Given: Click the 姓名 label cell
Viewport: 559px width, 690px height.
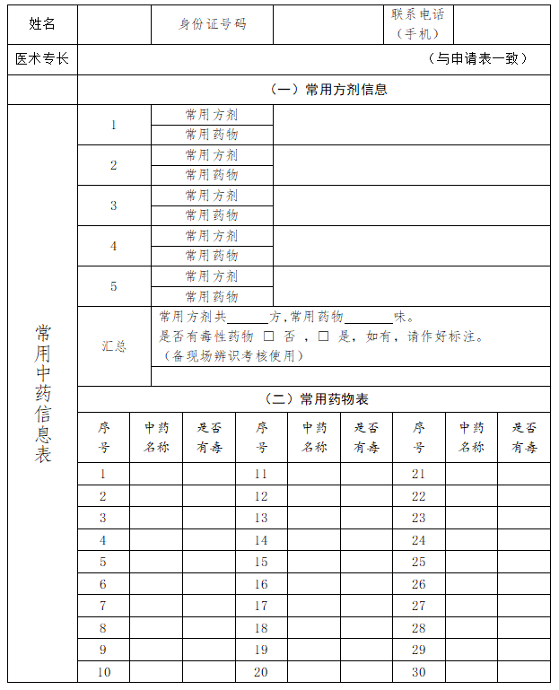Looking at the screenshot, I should (x=42, y=24).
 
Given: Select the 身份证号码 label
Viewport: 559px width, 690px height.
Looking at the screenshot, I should (x=212, y=24).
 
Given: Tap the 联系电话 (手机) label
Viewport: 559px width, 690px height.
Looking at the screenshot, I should (x=417, y=24).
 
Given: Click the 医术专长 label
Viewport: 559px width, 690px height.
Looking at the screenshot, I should (x=42, y=59).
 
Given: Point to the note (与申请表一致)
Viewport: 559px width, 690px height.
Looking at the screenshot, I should (x=476, y=59).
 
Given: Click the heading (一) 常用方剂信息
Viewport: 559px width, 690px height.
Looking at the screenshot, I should (x=328, y=89).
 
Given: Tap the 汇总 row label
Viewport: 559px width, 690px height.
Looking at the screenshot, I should (x=114, y=346).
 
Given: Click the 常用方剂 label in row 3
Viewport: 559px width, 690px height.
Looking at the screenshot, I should (x=212, y=196).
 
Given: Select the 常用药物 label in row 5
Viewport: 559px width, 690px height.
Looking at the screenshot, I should (x=212, y=296).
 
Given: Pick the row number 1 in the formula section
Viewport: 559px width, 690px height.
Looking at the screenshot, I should (x=114, y=125).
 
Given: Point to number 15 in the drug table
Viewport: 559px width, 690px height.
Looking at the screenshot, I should (x=261, y=562).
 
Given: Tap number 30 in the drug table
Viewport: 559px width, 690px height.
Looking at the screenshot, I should (x=418, y=672).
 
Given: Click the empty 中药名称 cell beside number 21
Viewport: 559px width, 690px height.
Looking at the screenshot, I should (x=471, y=474).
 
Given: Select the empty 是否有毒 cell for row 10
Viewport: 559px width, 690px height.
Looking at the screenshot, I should (x=208, y=672).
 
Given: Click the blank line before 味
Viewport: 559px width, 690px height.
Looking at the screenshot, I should (x=369, y=319).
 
